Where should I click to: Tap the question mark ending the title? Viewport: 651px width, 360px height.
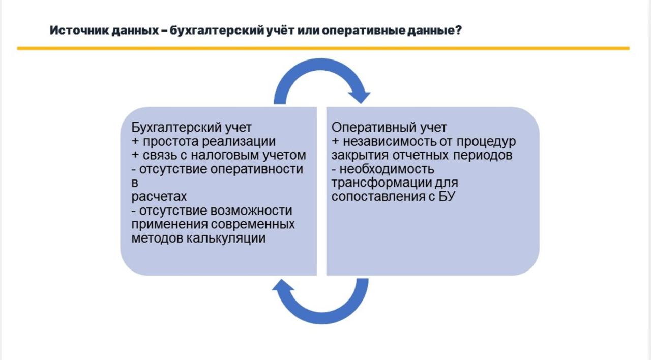(x=458, y=30)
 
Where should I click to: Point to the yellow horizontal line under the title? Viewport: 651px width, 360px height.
(x=323, y=48)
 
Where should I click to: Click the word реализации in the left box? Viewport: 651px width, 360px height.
(x=239, y=141)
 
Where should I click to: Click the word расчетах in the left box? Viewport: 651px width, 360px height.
(x=159, y=197)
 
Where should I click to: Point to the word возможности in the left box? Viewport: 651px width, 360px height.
(x=251, y=211)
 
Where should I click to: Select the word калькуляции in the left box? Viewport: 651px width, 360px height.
(x=225, y=238)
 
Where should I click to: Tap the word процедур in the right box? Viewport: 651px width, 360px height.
(x=486, y=142)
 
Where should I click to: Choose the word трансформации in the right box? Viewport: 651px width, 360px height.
(x=381, y=183)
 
